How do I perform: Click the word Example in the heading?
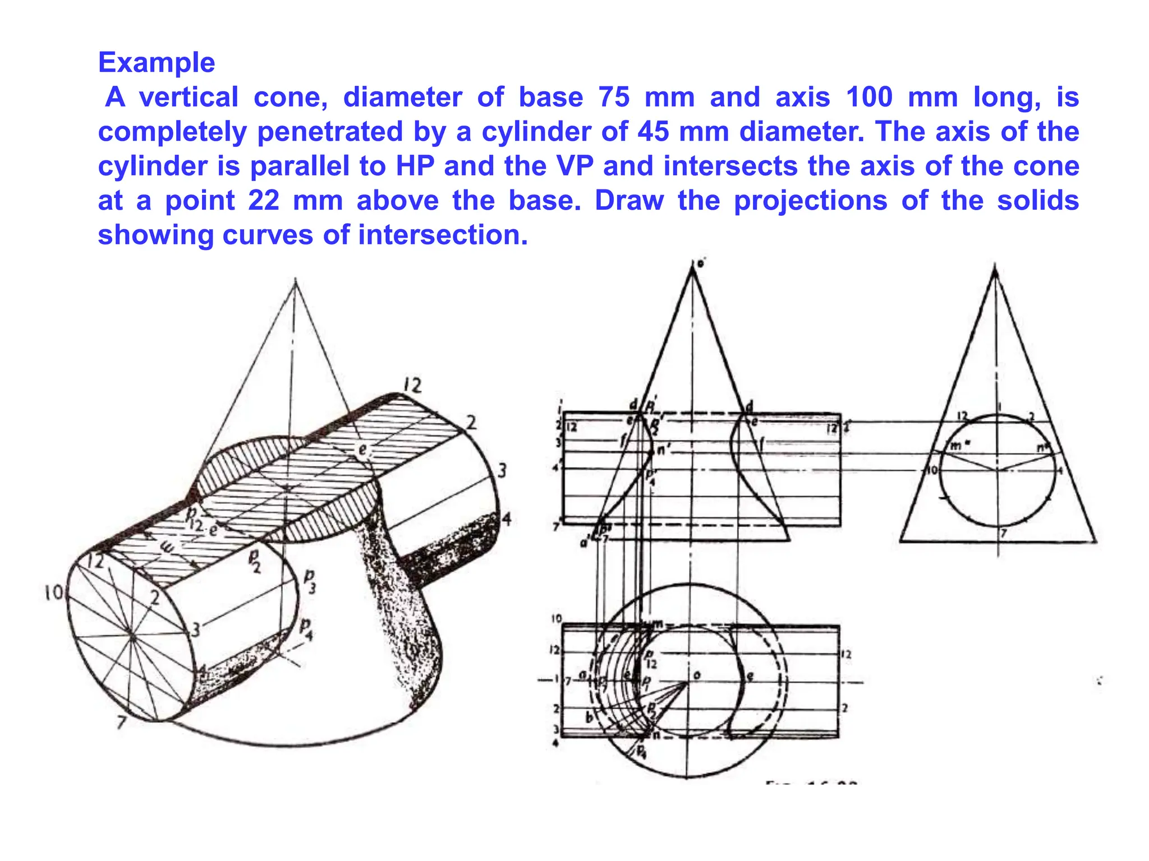pos(157,62)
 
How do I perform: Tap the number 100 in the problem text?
pos(869,97)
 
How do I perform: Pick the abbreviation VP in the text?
pos(574,166)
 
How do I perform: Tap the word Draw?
pos(629,201)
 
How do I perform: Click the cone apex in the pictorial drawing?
pos(296,280)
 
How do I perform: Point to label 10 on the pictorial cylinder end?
pos(54,592)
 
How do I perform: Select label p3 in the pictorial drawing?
pos(309,581)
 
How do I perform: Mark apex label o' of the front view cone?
pos(701,262)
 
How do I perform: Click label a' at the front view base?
pos(585,542)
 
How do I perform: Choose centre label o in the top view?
pos(697,675)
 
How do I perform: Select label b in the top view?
pos(589,717)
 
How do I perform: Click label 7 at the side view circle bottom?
pos(1004,533)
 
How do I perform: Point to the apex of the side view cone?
pos(995,269)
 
